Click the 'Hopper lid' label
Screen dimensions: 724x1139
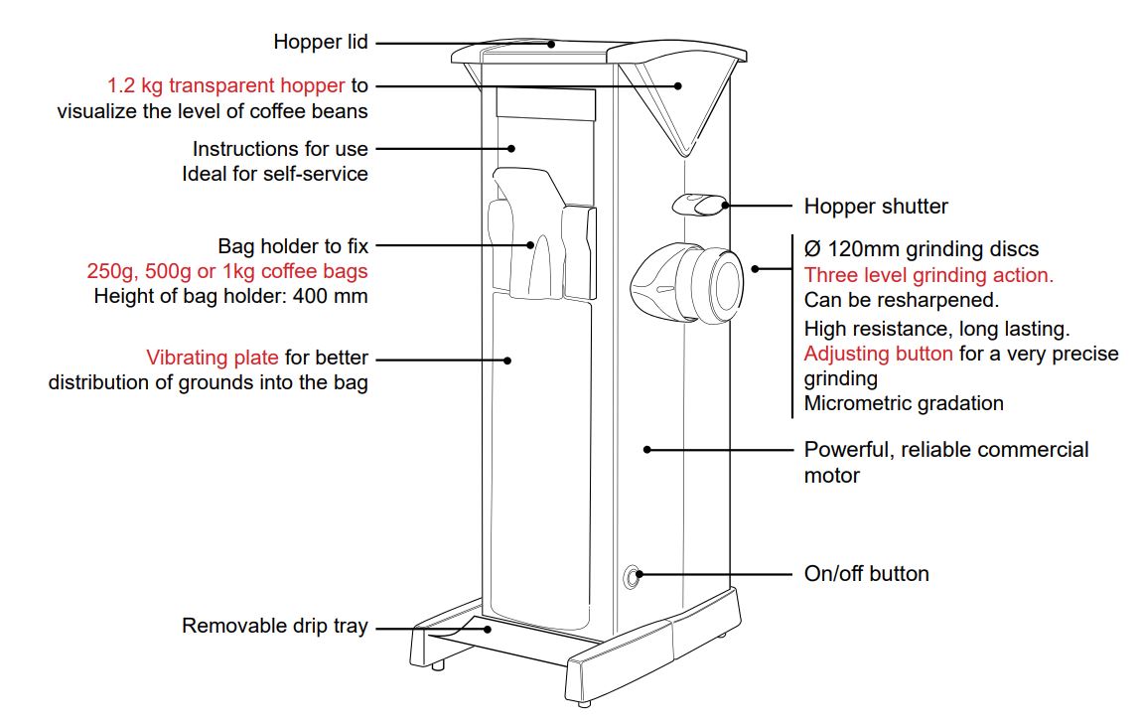pos(320,43)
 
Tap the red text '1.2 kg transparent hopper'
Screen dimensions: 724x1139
pos(226,85)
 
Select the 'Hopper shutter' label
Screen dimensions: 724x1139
pos(875,207)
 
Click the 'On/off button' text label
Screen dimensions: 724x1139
pos(866,574)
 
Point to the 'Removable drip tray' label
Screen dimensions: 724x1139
pos(274,627)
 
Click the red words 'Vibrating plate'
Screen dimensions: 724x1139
pos(213,358)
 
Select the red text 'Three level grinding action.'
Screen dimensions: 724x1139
pos(928,275)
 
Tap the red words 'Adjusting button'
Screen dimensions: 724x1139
pos(879,355)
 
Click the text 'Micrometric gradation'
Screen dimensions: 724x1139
pos(904,403)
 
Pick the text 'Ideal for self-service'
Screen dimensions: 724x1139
pos(274,174)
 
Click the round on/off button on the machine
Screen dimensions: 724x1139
pos(631,575)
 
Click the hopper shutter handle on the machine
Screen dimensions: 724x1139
pos(697,205)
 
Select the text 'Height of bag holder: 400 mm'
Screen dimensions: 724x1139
pos(230,295)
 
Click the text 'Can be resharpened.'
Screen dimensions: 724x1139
pos(885,300)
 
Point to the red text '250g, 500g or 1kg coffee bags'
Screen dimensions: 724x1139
pos(227,270)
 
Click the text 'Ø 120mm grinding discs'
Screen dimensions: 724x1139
pos(921,248)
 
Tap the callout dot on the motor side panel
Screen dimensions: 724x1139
pos(646,449)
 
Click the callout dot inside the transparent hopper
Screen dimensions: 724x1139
pos(679,85)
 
